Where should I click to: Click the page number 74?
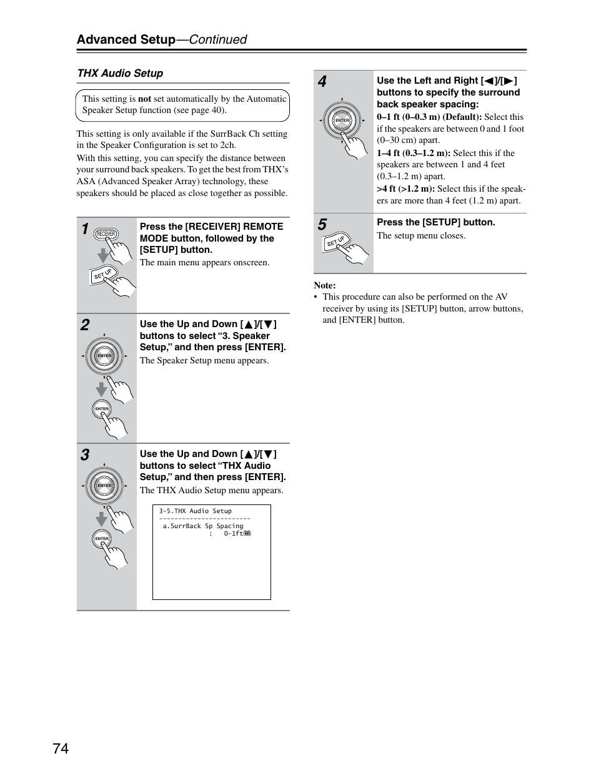click(61, 749)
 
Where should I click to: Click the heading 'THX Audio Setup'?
click(120, 73)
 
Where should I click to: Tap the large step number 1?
click(85, 229)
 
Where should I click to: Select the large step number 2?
click(85, 325)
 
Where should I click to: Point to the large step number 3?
click(85, 455)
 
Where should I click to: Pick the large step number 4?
click(322, 82)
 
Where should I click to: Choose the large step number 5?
click(322, 225)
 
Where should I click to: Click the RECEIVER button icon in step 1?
click(106, 234)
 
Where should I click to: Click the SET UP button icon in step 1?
click(103, 274)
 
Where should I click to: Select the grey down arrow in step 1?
click(103, 255)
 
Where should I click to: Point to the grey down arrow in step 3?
click(101, 518)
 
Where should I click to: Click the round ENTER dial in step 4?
click(342, 120)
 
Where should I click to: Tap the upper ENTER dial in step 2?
click(104, 356)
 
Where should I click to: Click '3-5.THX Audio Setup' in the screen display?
click(195, 511)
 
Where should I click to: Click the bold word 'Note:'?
click(325, 285)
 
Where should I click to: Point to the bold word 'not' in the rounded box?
click(144, 99)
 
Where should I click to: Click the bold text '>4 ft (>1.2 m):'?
click(405, 189)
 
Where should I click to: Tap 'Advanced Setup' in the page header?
click(126, 39)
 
